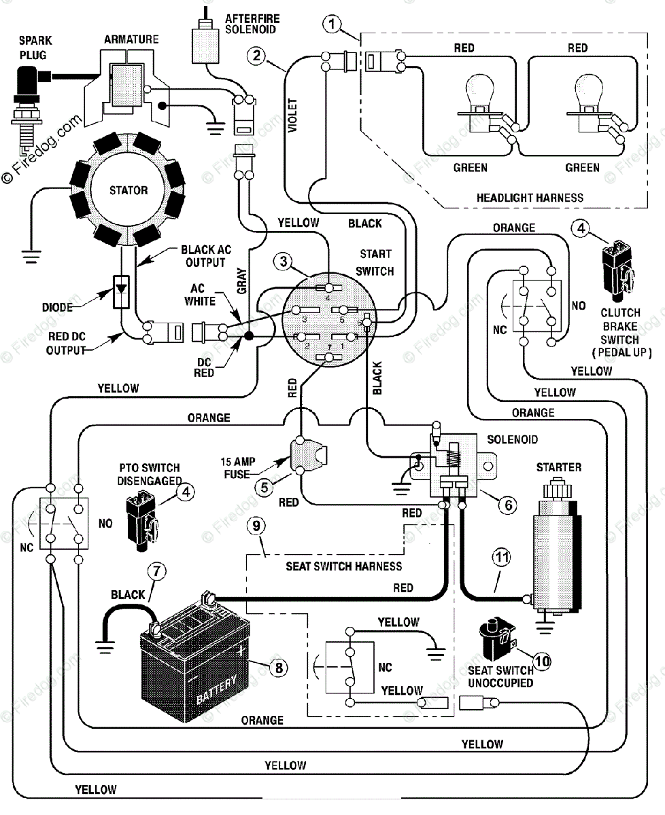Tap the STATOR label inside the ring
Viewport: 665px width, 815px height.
click(129, 190)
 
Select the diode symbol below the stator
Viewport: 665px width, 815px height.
click(121, 292)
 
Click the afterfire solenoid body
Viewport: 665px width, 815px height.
click(206, 43)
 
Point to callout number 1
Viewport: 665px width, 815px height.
click(332, 24)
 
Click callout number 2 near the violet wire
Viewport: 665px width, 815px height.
click(256, 56)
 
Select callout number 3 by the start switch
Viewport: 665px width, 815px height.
click(283, 261)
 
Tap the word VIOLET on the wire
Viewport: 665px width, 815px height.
click(292, 115)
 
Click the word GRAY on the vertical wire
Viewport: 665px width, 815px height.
click(242, 281)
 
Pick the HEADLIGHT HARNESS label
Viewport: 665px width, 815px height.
click(530, 198)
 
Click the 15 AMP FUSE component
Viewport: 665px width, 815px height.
click(307, 455)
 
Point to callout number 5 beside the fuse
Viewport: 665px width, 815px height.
click(265, 488)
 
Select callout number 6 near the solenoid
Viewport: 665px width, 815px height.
click(508, 505)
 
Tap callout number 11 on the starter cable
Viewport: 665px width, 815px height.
click(502, 558)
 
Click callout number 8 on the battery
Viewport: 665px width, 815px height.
click(279, 668)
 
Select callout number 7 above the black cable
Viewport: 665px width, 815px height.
click(156, 571)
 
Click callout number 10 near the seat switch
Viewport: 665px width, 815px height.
click(542, 662)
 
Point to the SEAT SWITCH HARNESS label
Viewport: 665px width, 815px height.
click(343, 566)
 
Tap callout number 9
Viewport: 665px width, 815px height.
click(256, 526)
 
